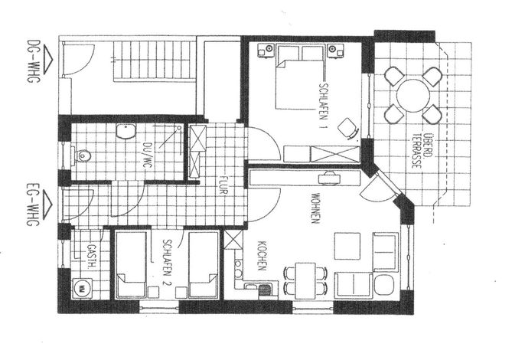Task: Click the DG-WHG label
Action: (x=34, y=61)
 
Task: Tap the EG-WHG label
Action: (x=34, y=205)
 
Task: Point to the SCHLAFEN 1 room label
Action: (x=323, y=106)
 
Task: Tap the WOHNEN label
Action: (x=315, y=208)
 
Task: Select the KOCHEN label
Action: (x=262, y=255)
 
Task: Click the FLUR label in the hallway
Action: (x=223, y=185)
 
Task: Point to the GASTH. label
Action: (x=91, y=256)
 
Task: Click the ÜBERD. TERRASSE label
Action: (x=422, y=150)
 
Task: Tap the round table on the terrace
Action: (x=412, y=95)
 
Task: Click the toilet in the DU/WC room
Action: (x=81, y=155)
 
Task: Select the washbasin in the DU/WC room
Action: (x=126, y=131)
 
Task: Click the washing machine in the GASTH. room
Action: (x=82, y=287)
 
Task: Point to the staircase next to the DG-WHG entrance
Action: (x=154, y=61)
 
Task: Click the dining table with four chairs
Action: (x=305, y=280)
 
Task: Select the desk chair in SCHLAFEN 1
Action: (x=348, y=128)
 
